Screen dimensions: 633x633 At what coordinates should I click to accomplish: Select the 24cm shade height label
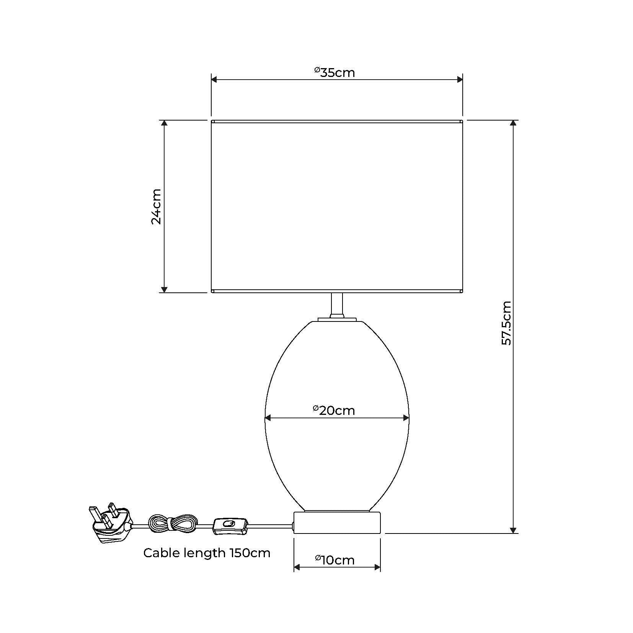[156, 206]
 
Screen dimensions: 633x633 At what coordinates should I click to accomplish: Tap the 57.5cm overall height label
[506, 323]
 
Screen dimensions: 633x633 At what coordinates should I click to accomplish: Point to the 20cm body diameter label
[334, 410]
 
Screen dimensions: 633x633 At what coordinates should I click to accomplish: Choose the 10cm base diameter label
[335, 560]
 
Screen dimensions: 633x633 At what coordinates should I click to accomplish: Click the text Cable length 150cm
[207, 553]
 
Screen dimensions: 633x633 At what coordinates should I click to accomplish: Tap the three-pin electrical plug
[111, 522]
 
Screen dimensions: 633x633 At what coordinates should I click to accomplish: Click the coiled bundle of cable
[173, 523]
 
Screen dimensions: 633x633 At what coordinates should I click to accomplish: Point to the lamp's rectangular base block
[337, 522]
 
